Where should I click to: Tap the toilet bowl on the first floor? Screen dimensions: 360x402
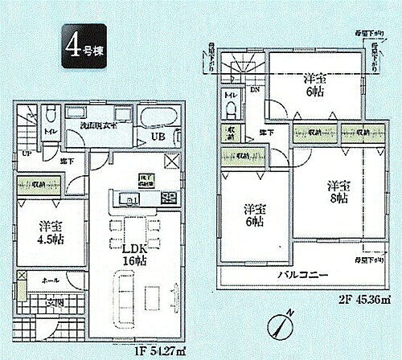tap(50, 115)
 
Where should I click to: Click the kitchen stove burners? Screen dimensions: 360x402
tap(168, 198)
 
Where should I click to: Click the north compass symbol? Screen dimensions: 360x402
tap(277, 329)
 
